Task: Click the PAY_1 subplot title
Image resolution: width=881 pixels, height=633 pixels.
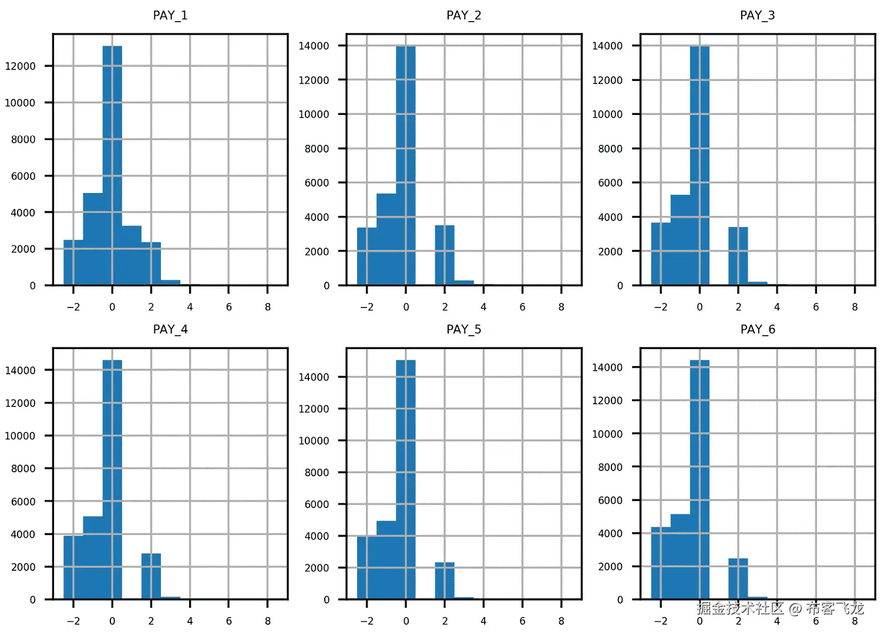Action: coord(170,15)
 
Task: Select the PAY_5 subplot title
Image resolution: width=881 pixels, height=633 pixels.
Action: coord(463,329)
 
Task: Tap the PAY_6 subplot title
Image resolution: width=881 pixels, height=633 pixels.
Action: coord(758,329)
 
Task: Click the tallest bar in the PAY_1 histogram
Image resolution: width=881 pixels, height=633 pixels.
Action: coord(112,164)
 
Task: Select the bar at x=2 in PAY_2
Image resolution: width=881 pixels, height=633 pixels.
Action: coord(445,255)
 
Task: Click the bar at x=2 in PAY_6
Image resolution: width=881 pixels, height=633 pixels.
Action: coord(738,578)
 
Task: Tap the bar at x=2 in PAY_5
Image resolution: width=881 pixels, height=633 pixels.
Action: coord(445,580)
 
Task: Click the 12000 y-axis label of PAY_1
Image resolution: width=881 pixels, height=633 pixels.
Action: coord(21,66)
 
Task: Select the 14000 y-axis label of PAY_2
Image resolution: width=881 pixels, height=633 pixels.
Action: coord(314,46)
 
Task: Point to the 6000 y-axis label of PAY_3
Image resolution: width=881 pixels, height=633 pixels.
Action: coord(610,183)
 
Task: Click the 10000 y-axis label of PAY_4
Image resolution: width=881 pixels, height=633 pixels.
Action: coord(21,436)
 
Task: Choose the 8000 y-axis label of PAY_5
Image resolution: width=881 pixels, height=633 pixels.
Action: coord(317,472)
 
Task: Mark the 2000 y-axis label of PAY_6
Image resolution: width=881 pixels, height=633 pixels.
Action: coord(610,567)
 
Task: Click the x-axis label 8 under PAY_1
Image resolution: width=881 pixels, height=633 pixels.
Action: coord(268,307)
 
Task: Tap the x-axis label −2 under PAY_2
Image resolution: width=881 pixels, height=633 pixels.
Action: coord(366,307)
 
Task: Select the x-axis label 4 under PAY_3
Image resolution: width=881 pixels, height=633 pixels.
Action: coord(777,307)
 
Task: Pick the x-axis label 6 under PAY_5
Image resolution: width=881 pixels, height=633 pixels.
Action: coord(522,621)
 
